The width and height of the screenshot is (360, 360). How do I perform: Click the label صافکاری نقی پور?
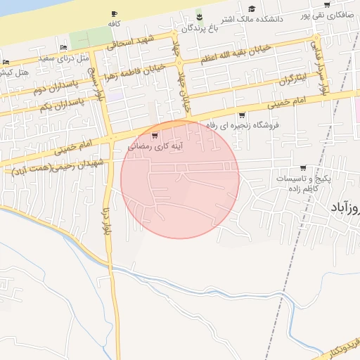[326, 15]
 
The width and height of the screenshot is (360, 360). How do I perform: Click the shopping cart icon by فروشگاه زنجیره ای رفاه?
[242, 115]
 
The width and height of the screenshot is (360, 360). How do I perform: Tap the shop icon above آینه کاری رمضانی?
[155, 136]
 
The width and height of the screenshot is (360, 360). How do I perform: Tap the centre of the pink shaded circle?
[180, 179]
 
